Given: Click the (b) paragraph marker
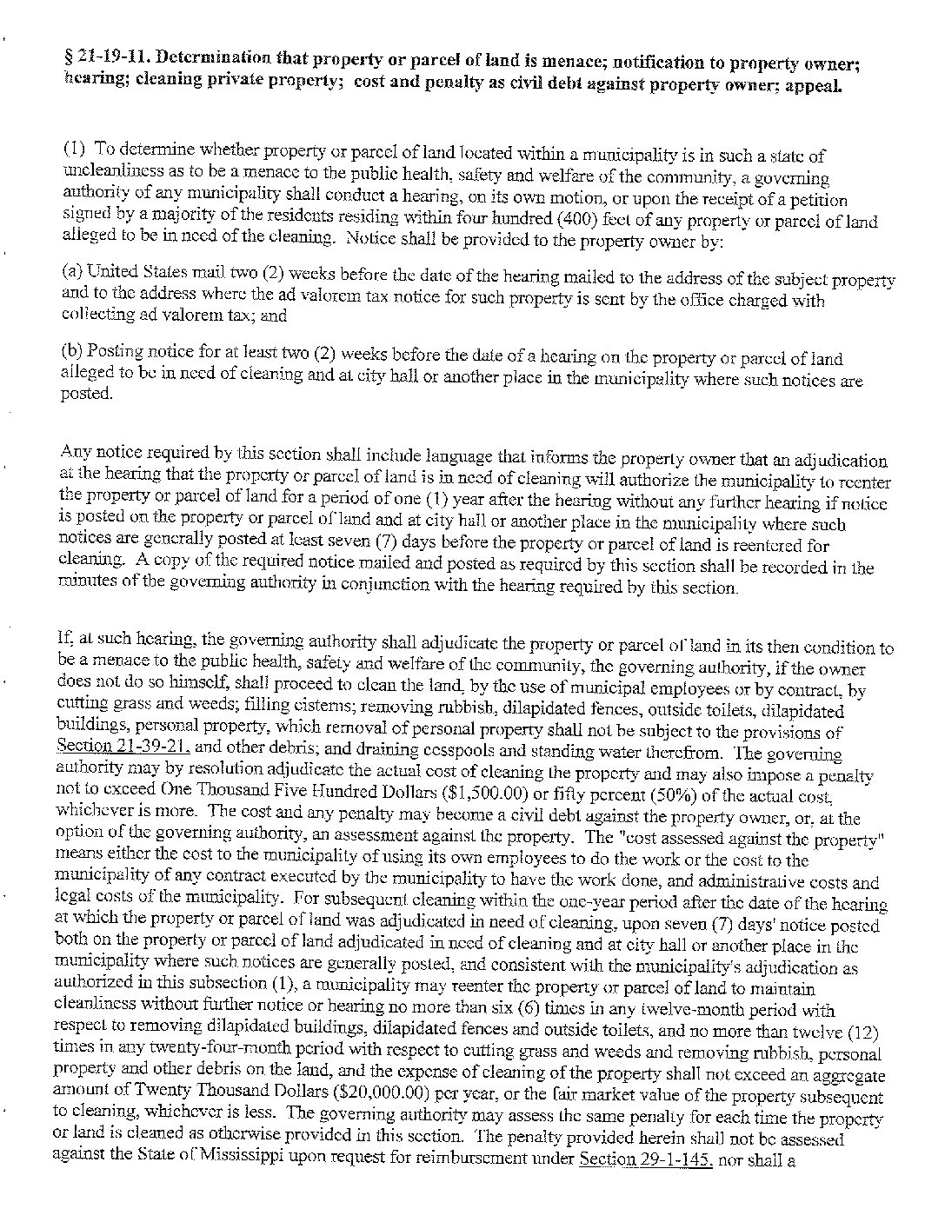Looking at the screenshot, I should [x=72, y=352].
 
